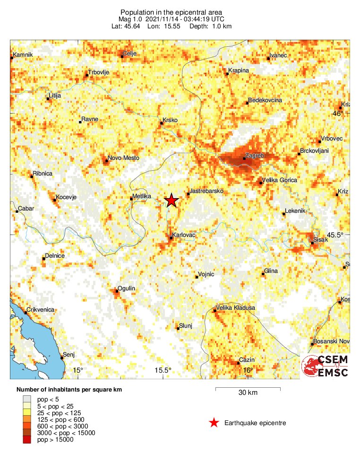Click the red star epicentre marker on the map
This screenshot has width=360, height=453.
(x=171, y=200)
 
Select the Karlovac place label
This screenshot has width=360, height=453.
(x=185, y=235)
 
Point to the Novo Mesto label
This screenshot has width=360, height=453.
(x=124, y=158)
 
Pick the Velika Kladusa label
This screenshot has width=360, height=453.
(x=235, y=308)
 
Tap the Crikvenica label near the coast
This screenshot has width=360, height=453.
(x=41, y=309)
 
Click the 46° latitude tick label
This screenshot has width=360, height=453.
(x=339, y=113)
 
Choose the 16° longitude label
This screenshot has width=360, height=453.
(x=248, y=370)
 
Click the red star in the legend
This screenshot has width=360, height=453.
(x=214, y=423)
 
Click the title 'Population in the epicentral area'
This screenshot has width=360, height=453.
(x=171, y=12)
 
